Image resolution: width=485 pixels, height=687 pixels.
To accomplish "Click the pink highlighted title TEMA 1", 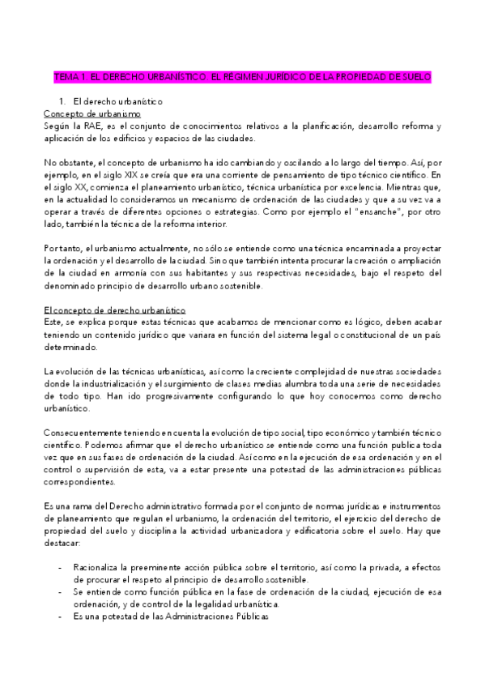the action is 242,77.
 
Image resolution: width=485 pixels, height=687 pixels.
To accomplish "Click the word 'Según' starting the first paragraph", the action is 57,126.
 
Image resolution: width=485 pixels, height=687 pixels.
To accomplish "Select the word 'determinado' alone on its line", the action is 70,347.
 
